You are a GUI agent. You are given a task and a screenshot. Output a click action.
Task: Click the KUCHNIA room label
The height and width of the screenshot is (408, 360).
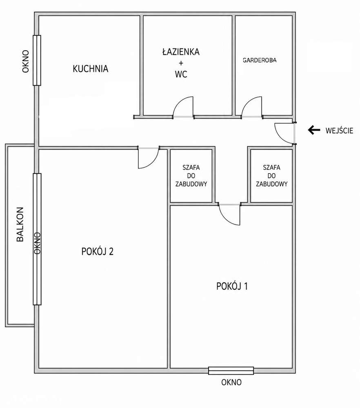click(x=90, y=69)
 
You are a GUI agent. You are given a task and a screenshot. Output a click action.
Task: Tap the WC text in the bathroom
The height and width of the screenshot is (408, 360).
click(x=181, y=74)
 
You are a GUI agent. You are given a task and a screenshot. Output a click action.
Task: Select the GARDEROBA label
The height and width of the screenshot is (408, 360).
click(x=260, y=60)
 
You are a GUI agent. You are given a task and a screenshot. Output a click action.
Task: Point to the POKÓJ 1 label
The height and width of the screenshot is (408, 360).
click(x=232, y=286)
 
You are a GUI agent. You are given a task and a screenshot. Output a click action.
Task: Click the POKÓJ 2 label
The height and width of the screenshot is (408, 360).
click(x=98, y=252)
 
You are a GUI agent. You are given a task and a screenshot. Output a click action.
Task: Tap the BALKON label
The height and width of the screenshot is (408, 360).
click(x=20, y=224)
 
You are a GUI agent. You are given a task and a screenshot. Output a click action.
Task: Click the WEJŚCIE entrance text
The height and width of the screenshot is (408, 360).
click(x=340, y=131)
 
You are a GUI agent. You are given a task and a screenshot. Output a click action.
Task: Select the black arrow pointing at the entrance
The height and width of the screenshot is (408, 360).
click(x=314, y=130)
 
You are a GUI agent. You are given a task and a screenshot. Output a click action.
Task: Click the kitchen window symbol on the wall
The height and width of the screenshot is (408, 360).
click(x=37, y=60)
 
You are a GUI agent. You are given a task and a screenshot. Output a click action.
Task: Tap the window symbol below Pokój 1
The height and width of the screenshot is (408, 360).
click(x=231, y=371)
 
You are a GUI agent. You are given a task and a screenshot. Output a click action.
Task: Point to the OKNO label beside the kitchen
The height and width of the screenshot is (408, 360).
click(x=25, y=62)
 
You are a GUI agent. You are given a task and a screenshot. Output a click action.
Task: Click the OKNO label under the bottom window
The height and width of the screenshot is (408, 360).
click(x=231, y=382)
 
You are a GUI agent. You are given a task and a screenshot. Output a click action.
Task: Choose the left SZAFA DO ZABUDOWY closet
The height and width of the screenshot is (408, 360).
click(x=191, y=176)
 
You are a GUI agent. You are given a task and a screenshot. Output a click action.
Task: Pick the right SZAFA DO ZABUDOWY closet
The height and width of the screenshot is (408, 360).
click(x=271, y=176)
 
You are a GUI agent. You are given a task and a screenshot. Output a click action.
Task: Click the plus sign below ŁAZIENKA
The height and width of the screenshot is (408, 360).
click(x=181, y=63)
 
